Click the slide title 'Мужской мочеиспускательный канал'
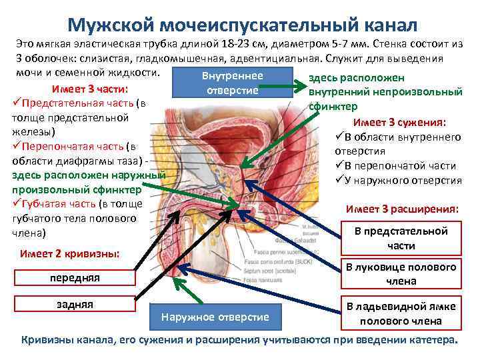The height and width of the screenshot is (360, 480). [x=242, y=25]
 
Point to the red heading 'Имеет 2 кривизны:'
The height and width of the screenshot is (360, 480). [x=70, y=254]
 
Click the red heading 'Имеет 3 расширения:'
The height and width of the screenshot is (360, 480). [x=402, y=209]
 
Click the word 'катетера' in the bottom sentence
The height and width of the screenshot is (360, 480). [x=431, y=340]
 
